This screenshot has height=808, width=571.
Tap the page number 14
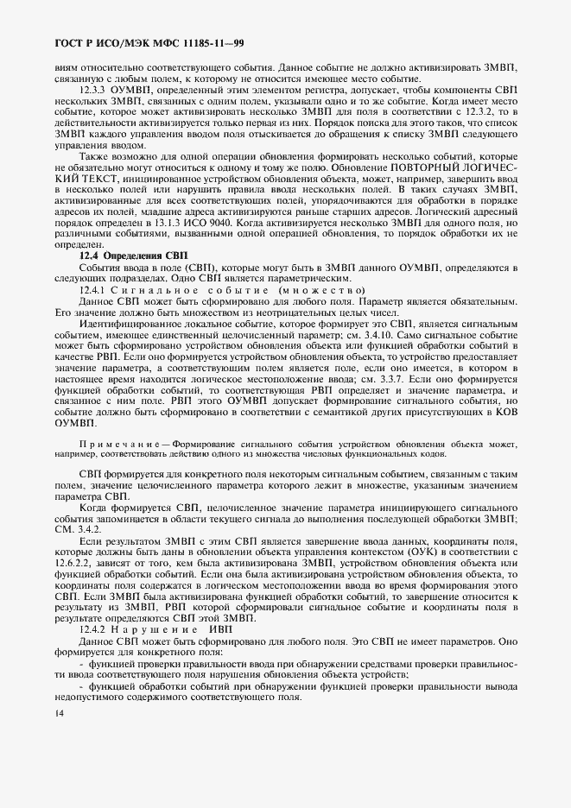click(58, 713)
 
